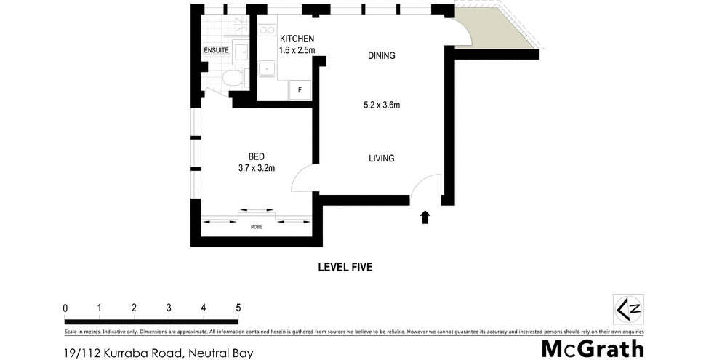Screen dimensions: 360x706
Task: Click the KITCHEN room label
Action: point(297,39)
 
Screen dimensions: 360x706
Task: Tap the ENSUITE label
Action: point(217,50)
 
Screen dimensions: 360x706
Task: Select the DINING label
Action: point(381,55)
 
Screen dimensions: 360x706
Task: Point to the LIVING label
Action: point(381,158)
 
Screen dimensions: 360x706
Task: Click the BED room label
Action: point(256,156)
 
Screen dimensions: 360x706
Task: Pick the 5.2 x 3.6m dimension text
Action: point(382,105)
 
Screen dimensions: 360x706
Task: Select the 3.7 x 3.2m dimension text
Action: point(256,169)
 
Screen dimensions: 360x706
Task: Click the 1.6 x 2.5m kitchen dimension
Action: point(297,50)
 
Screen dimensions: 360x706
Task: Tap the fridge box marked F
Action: point(299,89)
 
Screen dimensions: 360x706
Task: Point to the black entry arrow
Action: point(425,217)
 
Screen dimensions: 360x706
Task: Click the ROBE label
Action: point(256,228)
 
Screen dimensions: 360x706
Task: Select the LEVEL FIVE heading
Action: point(345,267)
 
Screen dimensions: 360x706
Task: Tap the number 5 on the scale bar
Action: point(238,308)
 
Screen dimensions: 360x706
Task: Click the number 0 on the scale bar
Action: point(66,308)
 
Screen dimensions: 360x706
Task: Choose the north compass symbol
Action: point(628,308)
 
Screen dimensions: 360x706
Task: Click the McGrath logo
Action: point(592,348)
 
